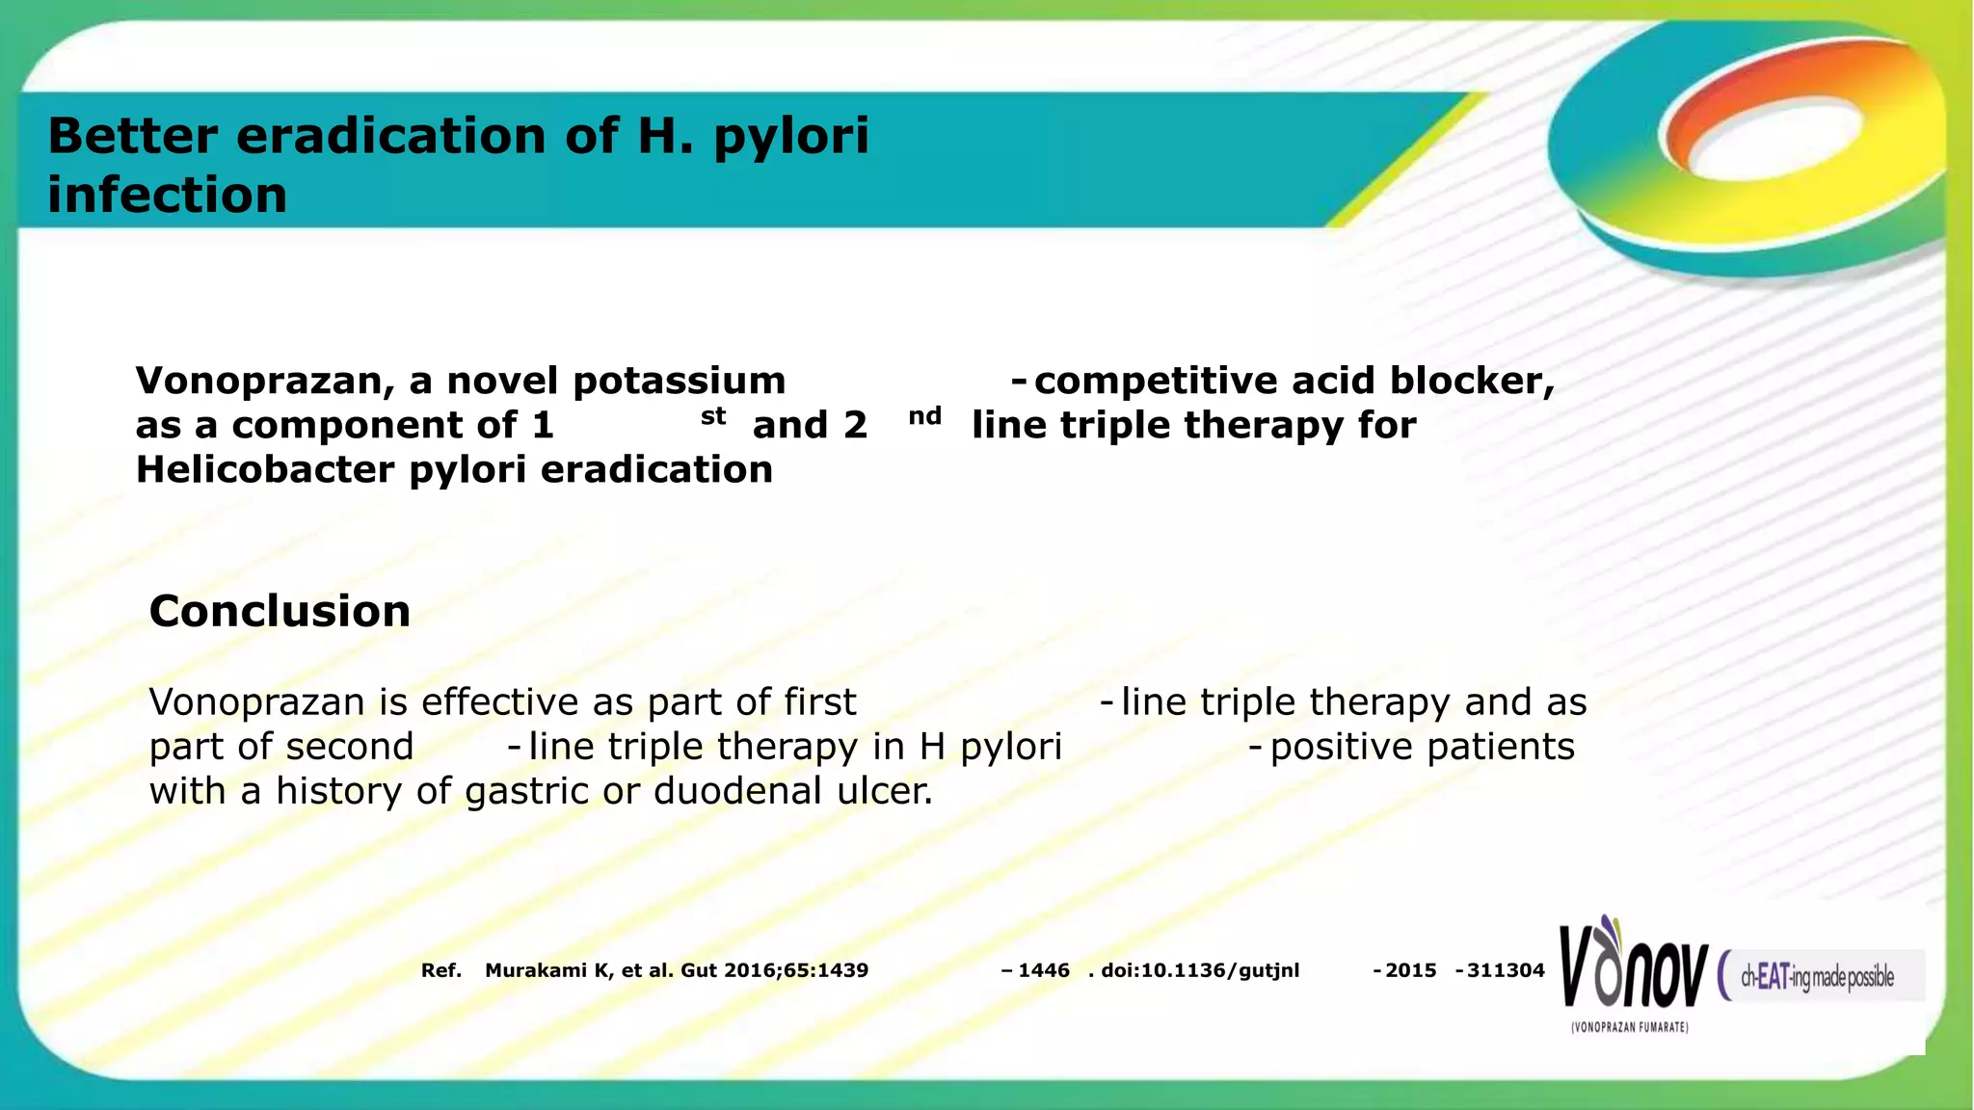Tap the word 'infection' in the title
(x=167, y=196)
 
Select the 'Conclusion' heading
(x=280, y=611)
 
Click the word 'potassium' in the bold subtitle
(x=679, y=382)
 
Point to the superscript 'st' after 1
(x=713, y=416)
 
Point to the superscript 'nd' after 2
(x=924, y=416)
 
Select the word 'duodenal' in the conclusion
(x=737, y=791)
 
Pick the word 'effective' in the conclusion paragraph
(x=500, y=702)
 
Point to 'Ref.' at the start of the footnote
(x=440, y=970)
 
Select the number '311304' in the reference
(x=1506, y=970)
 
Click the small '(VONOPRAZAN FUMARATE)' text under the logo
(x=1629, y=1028)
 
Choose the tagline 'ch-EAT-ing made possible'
(x=1817, y=977)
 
